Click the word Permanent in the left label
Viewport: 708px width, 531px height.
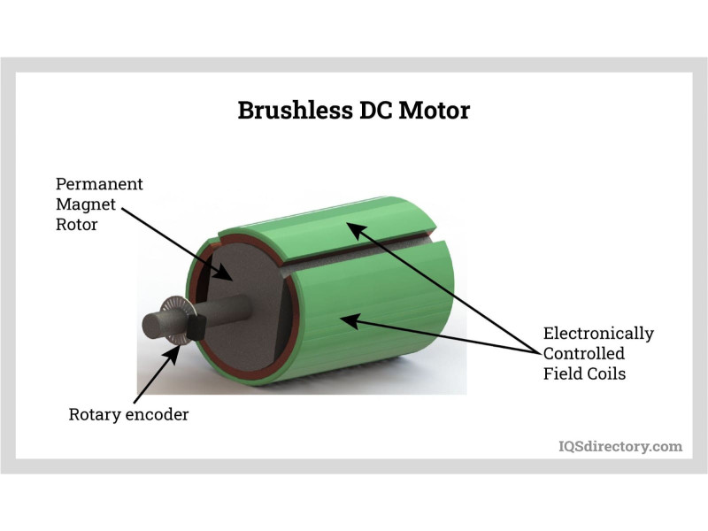99,184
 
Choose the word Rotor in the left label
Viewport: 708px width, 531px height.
77,225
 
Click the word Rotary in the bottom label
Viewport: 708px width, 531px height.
96,414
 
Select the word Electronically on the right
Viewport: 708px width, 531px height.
598,334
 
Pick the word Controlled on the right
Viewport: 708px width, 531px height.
584,354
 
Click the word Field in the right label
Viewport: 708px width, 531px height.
562,373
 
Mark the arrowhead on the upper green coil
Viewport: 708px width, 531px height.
351,228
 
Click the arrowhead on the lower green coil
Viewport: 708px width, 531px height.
348,320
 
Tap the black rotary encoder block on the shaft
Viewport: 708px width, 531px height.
195,327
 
